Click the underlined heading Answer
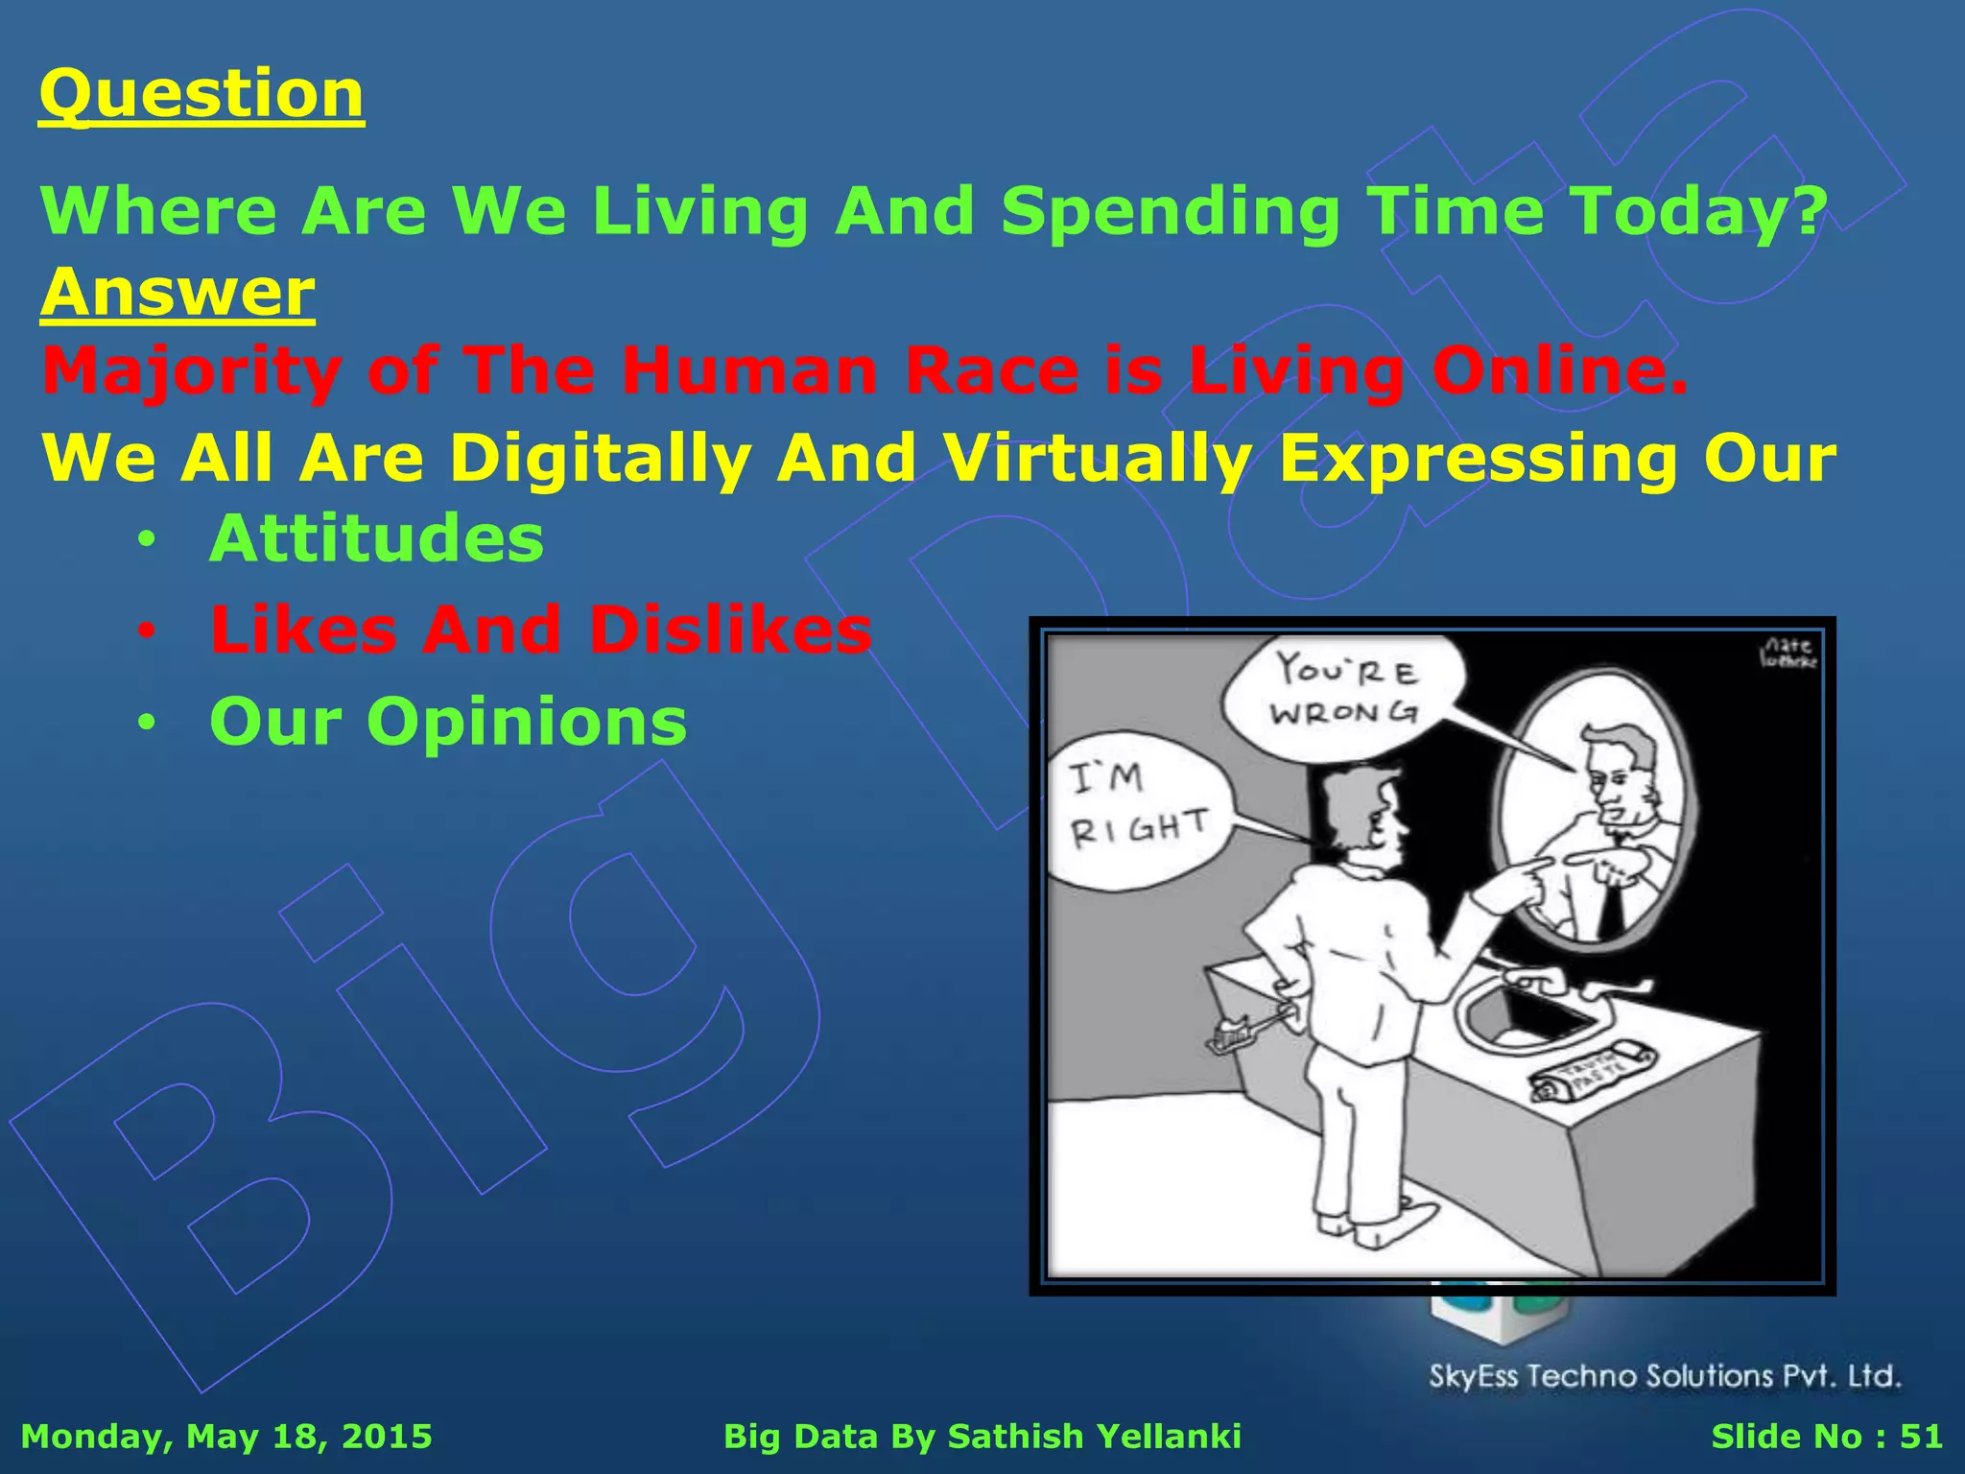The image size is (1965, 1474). (178, 292)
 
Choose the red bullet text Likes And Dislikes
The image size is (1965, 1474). (540, 630)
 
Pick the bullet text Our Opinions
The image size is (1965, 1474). (448, 722)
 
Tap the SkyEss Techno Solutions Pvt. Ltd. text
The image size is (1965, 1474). (1665, 1376)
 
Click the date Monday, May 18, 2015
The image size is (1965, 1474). (226, 1437)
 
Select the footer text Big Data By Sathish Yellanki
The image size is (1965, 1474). (982, 1437)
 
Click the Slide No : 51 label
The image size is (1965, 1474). (1826, 1437)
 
